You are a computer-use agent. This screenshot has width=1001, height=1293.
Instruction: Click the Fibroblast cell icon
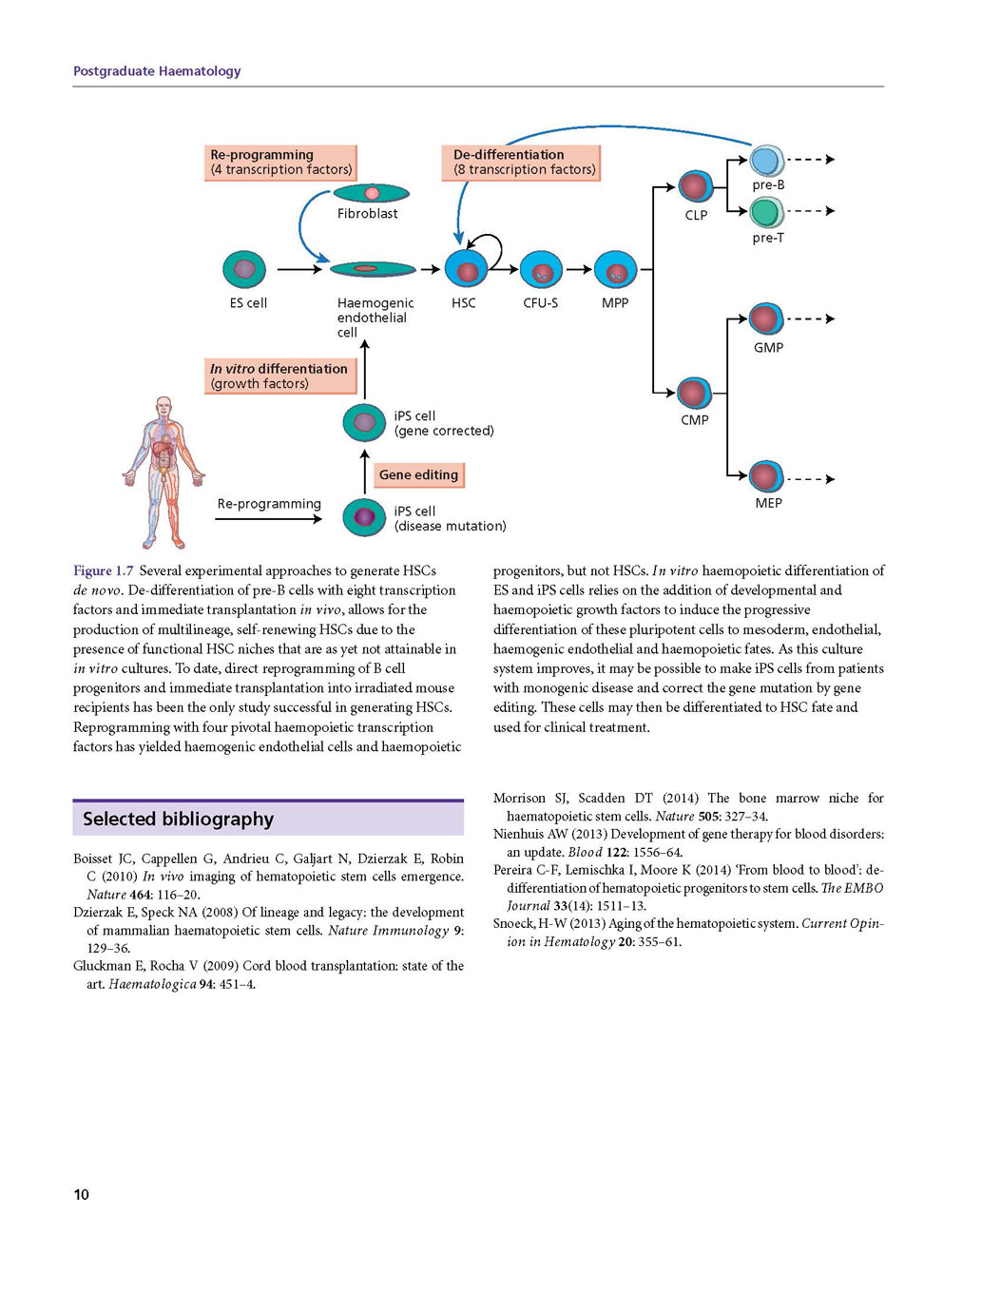[x=371, y=193]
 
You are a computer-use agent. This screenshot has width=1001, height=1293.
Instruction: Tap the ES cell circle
[x=244, y=269]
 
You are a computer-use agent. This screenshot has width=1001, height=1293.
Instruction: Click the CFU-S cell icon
[x=541, y=270]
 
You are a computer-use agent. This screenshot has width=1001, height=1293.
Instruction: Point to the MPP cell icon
[x=616, y=270]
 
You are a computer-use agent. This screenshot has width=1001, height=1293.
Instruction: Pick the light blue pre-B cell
[x=766, y=161]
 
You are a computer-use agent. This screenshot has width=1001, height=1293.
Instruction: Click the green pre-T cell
[x=766, y=212]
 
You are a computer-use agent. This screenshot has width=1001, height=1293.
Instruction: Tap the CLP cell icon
[x=695, y=187]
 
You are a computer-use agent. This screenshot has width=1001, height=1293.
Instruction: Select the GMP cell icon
[x=766, y=318]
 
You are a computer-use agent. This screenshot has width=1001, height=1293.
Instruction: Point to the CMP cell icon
[x=694, y=394]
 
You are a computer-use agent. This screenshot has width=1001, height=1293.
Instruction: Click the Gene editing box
[x=418, y=474]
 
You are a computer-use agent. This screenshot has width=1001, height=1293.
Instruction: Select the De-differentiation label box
[x=521, y=163]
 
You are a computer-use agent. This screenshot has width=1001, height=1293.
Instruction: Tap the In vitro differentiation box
[x=280, y=376]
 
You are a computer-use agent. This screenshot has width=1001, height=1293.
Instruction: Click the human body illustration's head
[x=164, y=407]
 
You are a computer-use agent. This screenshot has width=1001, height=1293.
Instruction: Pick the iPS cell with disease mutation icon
[x=364, y=517]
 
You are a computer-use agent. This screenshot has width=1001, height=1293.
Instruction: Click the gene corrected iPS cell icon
[x=364, y=422]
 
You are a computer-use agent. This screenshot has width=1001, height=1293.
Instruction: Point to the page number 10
[x=81, y=1194]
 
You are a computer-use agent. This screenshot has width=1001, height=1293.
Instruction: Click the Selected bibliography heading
[x=178, y=819]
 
